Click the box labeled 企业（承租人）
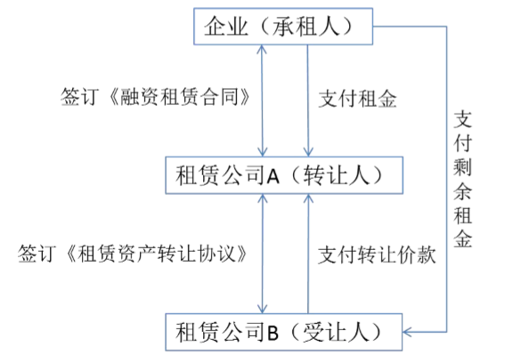point(283,27)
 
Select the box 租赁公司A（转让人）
point(284,175)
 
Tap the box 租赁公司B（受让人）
point(284,332)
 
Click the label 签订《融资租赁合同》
point(156,97)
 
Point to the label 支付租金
point(358,99)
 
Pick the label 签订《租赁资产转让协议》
point(133,254)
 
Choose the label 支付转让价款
point(377,254)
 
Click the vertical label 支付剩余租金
point(462,180)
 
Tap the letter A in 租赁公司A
point(273,176)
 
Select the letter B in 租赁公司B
point(273,333)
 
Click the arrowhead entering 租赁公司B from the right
point(407,332)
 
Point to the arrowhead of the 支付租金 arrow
point(308,151)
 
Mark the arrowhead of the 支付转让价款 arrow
point(308,199)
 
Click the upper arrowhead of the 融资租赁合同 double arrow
point(262,50)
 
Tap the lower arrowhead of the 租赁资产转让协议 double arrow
point(262,309)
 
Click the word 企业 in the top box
point(226,27)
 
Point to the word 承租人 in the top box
point(305,27)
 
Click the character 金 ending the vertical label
point(462,239)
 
